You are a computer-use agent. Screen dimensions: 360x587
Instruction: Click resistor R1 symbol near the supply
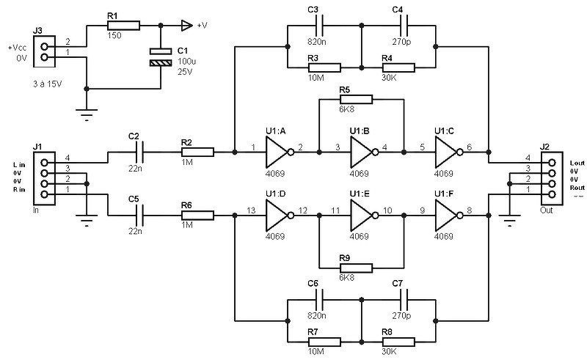tap(124, 26)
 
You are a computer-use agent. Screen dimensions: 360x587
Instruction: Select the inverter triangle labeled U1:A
tap(278, 153)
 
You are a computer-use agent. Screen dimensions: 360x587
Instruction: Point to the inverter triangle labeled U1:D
tap(278, 216)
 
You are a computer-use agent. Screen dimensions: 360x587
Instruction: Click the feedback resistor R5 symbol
tap(362, 98)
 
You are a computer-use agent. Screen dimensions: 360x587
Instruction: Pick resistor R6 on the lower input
tap(197, 216)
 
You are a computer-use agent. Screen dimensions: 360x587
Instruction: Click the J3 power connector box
tap(45, 51)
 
